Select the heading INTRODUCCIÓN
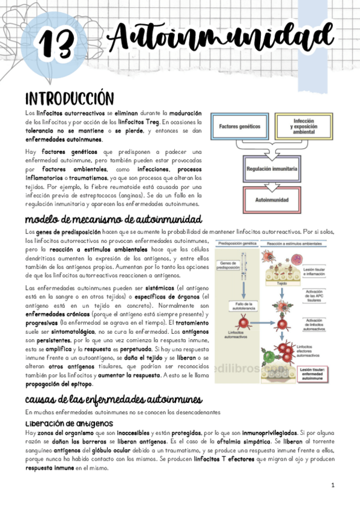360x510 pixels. tap(69, 97)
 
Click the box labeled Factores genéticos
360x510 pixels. tap(239, 127)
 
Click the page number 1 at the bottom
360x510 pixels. tap(332, 485)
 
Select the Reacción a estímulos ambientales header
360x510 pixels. tap(294, 243)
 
